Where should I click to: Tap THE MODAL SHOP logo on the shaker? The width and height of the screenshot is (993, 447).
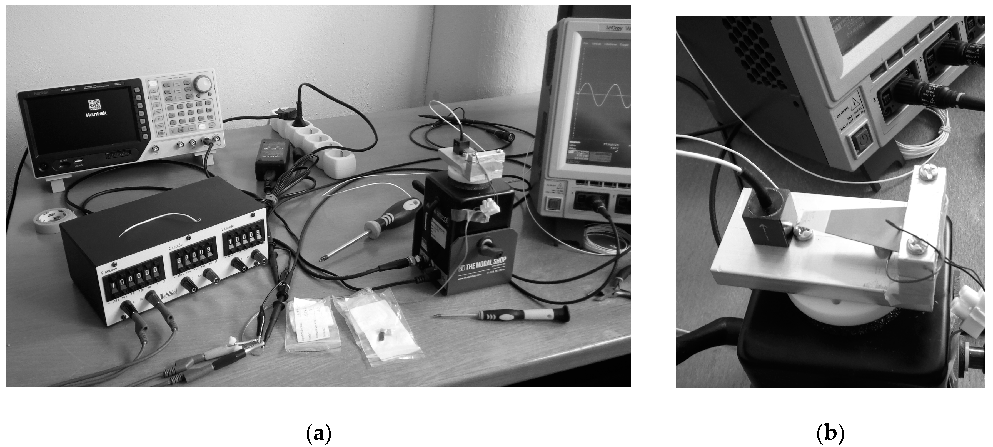(483, 268)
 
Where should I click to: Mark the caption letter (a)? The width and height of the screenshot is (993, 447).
(318, 434)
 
